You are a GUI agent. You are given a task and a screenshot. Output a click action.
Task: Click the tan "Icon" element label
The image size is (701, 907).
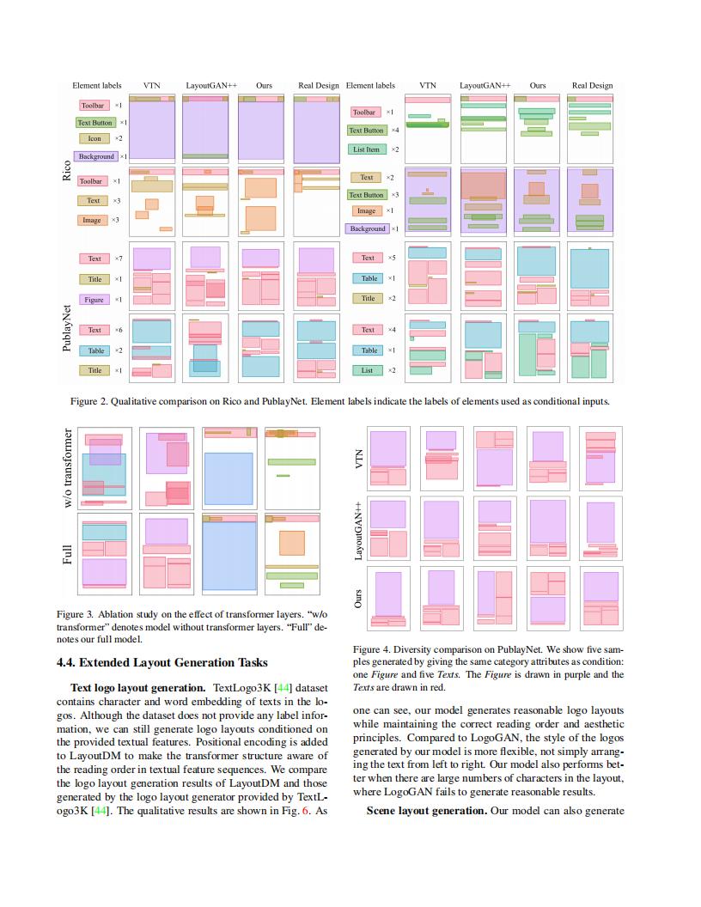[x=95, y=138]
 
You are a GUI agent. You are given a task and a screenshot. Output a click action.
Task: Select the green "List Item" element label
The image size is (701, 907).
[x=366, y=149]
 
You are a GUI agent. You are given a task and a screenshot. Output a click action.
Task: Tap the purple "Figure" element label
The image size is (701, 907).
[x=94, y=300]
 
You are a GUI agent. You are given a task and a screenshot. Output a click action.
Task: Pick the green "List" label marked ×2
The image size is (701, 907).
[x=368, y=370]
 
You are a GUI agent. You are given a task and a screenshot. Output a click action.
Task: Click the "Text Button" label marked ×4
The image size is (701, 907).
[x=366, y=131]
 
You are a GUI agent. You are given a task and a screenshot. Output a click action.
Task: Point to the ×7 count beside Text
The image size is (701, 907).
[x=119, y=259]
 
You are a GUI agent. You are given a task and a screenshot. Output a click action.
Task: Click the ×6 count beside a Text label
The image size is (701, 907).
[x=119, y=330]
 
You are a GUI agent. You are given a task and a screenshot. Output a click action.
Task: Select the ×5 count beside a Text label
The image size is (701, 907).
[x=392, y=258]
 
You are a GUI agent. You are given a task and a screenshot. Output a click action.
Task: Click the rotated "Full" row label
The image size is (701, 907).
[x=67, y=554]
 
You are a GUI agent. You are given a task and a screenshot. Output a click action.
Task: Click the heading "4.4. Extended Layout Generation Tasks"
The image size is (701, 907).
[x=162, y=662]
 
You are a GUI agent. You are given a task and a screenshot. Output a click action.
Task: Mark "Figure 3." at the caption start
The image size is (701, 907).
[x=75, y=615]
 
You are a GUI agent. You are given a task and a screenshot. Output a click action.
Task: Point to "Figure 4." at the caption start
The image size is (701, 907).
[x=372, y=650]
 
